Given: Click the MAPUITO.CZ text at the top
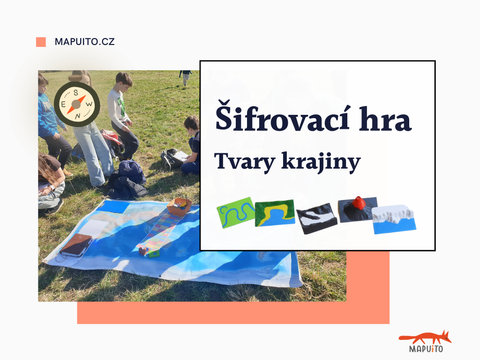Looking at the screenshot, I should tap(84, 42).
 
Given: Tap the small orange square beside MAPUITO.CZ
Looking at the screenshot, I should tap(41, 42).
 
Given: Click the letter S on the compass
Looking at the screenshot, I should tap(76, 93).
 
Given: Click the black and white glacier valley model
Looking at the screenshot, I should tap(316, 217).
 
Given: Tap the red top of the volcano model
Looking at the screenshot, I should tap(359, 202).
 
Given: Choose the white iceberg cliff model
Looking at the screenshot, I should tap(394, 219).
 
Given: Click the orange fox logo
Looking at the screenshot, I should tap(426, 338).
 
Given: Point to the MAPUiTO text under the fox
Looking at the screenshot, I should tap(426, 349).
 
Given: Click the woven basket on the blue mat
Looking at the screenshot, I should tap(180, 206).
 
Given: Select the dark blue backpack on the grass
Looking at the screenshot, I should tap(132, 172).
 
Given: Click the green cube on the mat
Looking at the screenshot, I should tap(153, 253).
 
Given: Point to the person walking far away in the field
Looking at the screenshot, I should tap(186, 77).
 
